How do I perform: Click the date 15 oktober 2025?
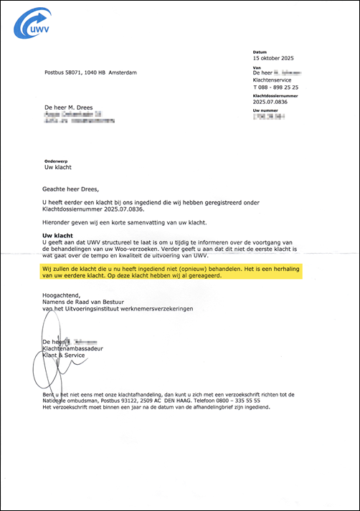point(274,58)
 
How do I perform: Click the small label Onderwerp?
point(55,161)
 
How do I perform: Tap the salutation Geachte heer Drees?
point(73,190)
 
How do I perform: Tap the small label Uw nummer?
point(265,110)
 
